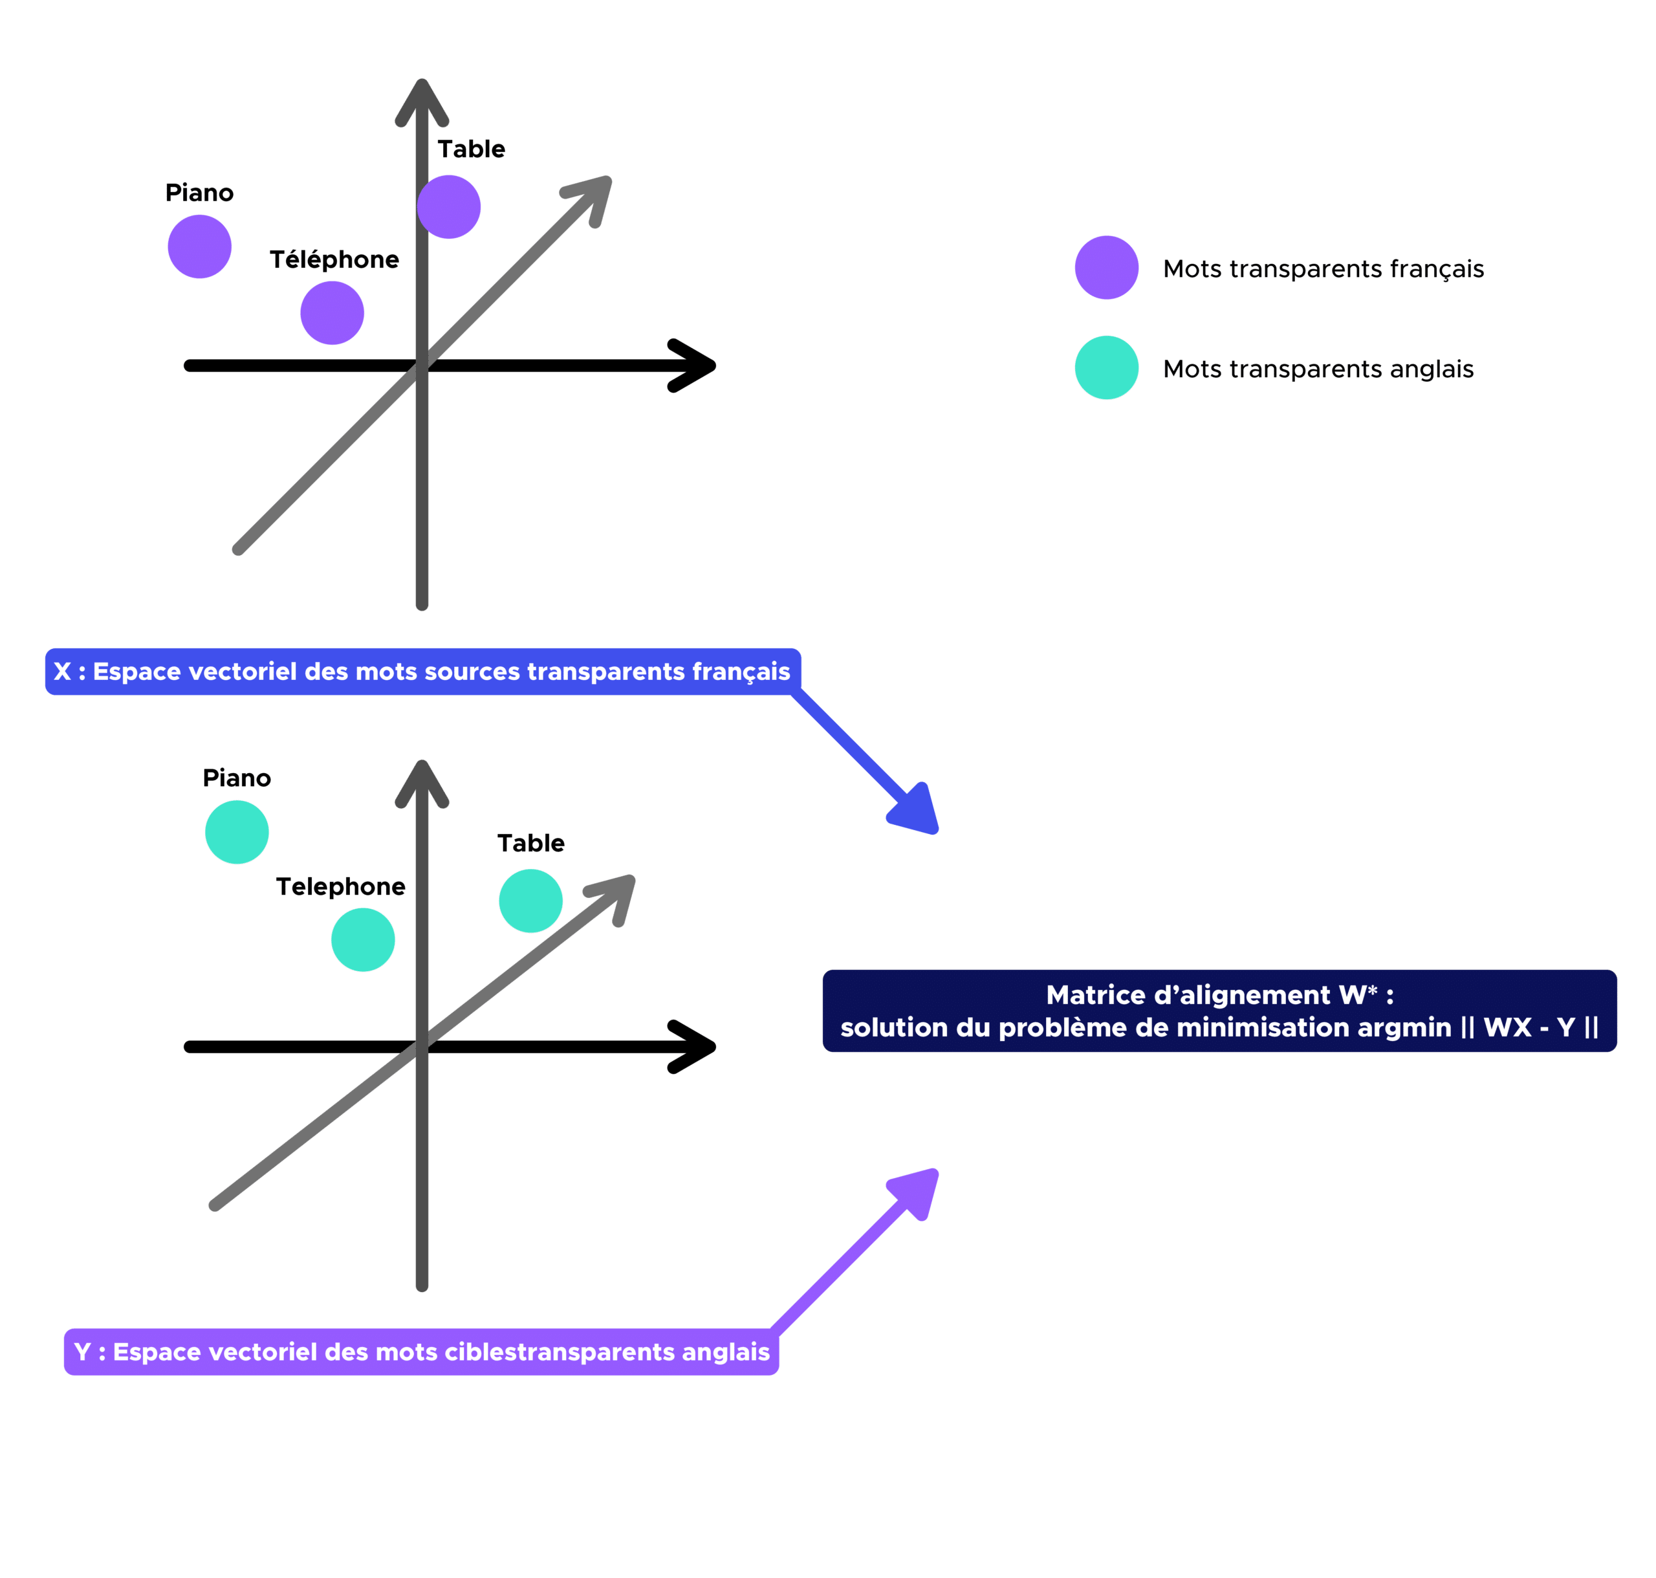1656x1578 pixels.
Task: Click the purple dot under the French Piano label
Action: pos(199,247)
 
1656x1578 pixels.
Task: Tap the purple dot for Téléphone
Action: pos(332,313)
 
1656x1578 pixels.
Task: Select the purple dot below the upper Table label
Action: pos(449,207)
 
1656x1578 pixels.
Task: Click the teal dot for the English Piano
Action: pos(237,832)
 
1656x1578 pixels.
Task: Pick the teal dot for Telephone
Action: pos(362,939)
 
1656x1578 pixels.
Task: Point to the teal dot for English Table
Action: pos(530,901)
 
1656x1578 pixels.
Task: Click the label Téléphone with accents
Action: pos(334,260)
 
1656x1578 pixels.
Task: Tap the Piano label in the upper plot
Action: pos(199,193)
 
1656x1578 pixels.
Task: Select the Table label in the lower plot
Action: pos(530,843)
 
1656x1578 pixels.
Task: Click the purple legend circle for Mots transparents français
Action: pos(1107,267)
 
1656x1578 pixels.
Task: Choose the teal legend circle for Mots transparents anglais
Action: pos(1107,367)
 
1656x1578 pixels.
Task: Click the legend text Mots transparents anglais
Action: pos(1318,369)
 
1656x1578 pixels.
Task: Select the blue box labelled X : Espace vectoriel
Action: pos(422,671)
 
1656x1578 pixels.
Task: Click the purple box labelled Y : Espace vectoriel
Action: pos(421,1352)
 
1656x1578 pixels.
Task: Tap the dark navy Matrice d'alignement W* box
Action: pos(1219,1011)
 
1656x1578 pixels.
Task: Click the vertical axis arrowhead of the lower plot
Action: pos(422,782)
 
